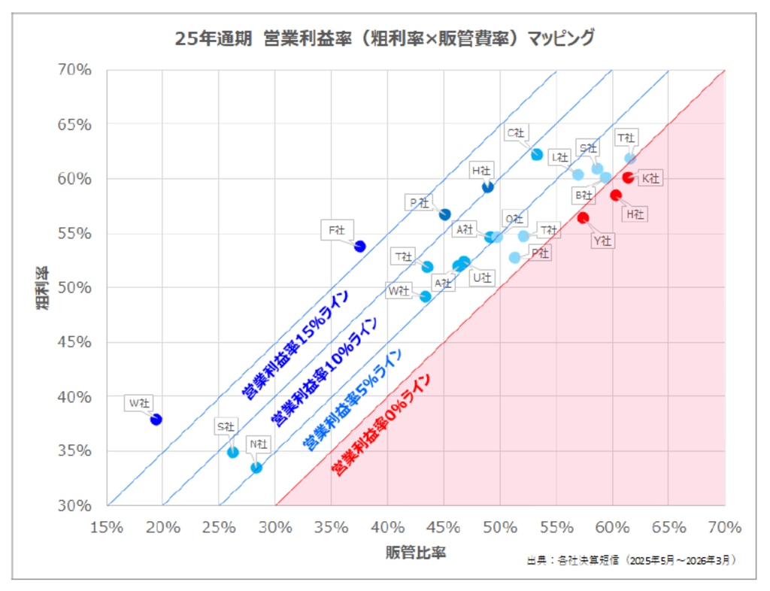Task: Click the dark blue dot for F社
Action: coord(360,247)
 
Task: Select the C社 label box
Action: coord(516,133)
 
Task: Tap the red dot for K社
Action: coord(628,177)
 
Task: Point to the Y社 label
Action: coord(602,241)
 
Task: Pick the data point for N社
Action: coord(256,468)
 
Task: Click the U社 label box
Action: coord(482,277)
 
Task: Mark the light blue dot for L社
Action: coord(578,174)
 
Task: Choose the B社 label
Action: coord(584,195)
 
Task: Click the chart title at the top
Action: coord(384,38)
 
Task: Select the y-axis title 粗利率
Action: coord(43,288)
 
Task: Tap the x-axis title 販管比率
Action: coord(415,552)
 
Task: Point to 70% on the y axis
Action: coord(74,70)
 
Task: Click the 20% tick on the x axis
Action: coord(162,528)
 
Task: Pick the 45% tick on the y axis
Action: coord(74,341)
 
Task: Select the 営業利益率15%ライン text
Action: coord(296,344)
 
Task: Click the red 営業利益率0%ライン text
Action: coord(381,425)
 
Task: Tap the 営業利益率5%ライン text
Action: coord(352,399)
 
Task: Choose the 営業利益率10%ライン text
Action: coord(325,371)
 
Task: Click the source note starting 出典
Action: coord(631,560)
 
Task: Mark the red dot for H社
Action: coord(616,195)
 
